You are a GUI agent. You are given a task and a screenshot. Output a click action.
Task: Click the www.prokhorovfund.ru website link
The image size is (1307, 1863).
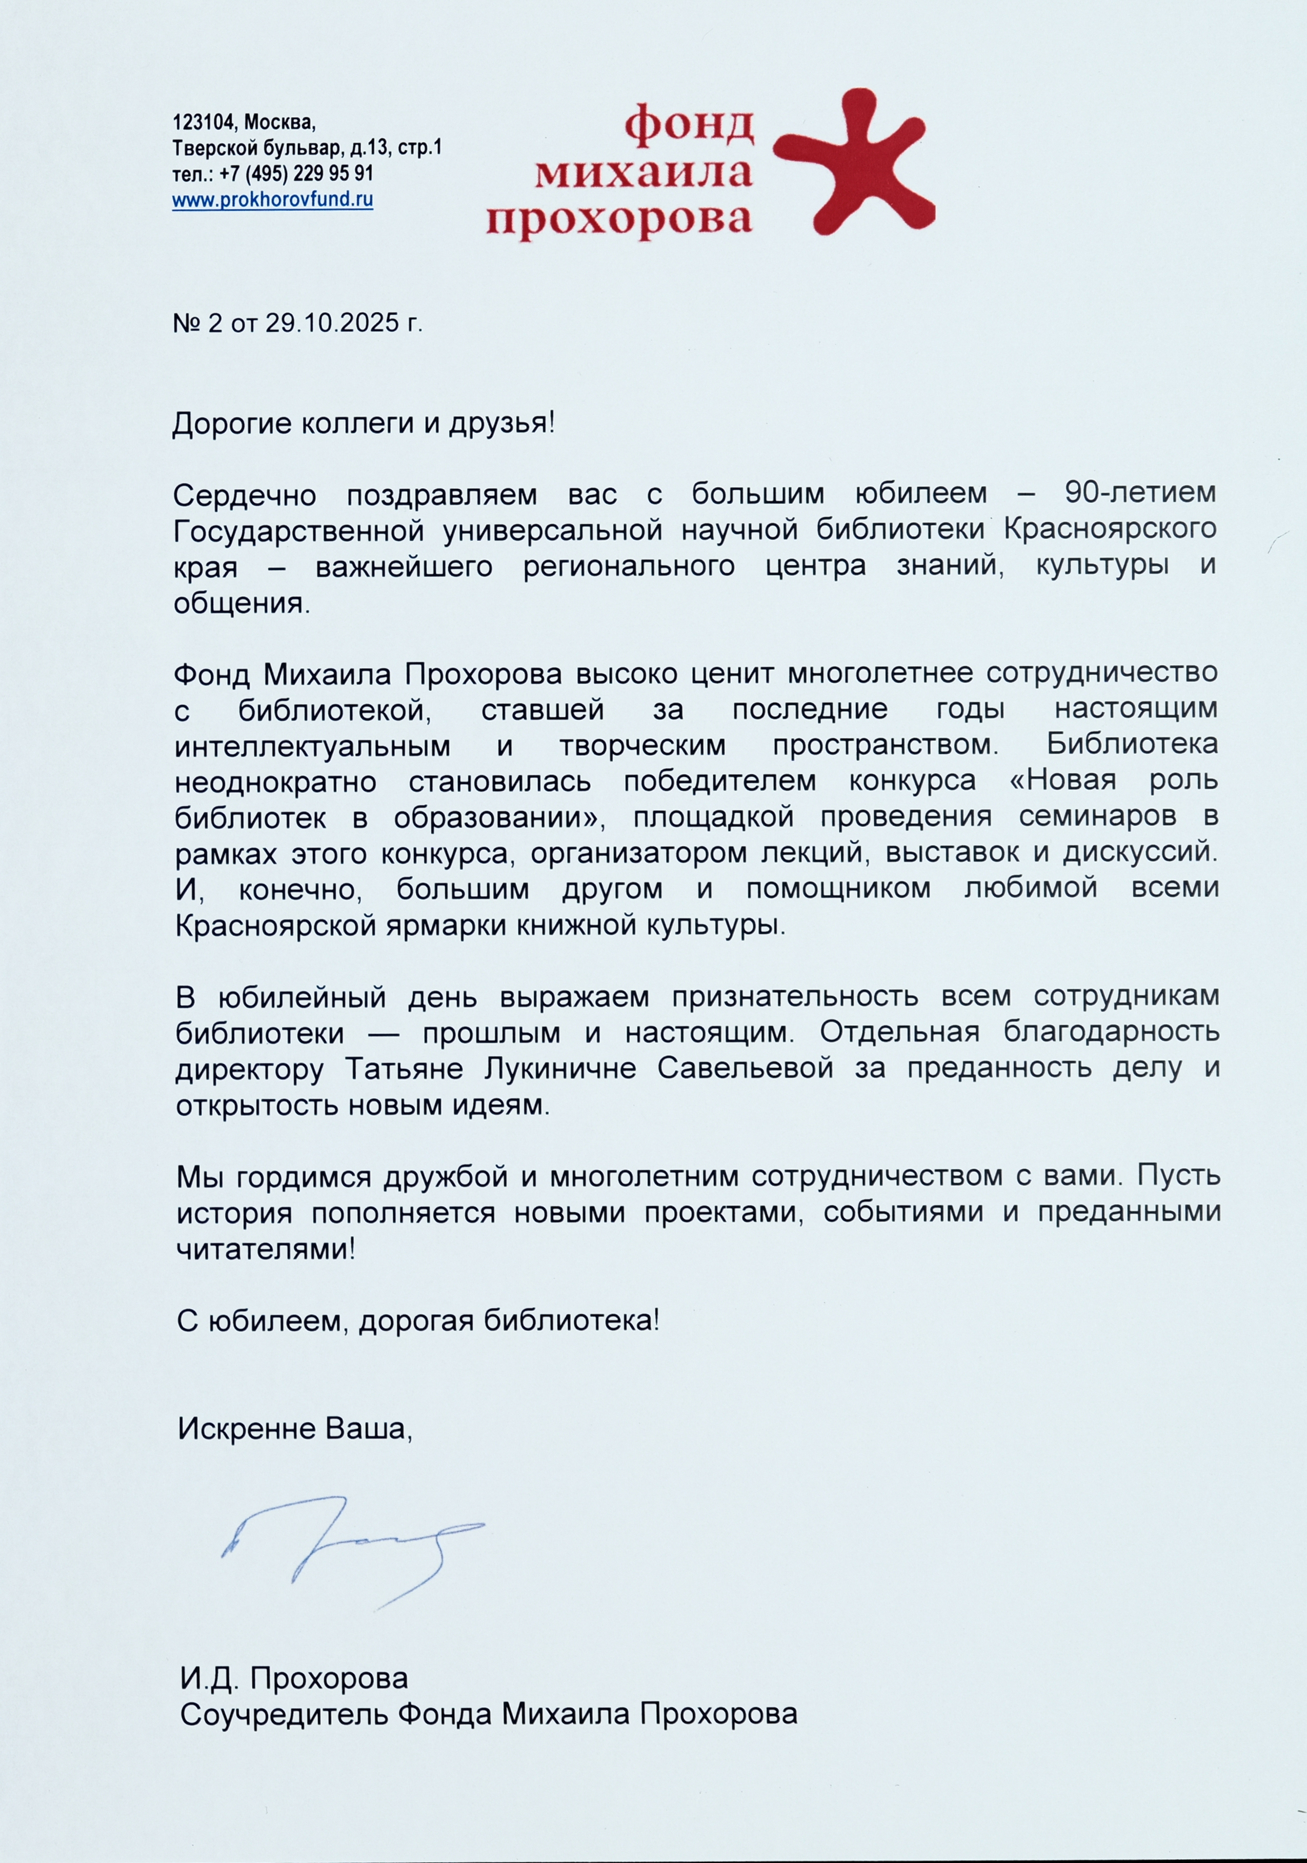[273, 199]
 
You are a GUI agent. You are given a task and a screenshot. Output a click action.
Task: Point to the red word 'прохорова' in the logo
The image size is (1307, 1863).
[619, 219]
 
